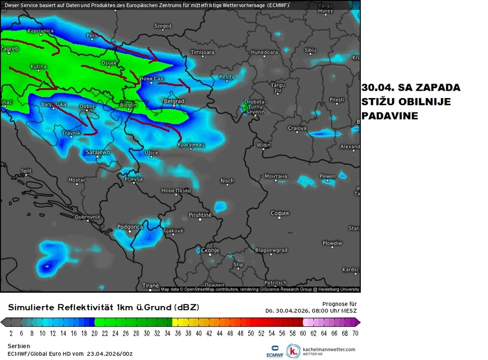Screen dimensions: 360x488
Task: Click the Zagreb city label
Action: tap(9, 49)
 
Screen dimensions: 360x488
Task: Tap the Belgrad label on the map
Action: tap(174, 101)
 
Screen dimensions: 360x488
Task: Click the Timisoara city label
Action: tap(202, 52)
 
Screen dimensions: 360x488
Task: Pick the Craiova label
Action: tap(297, 128)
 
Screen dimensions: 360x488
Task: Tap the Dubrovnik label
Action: tap(87, 217)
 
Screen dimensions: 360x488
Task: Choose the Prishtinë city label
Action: tap(200, 215)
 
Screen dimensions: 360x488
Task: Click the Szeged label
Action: tap(163, 26)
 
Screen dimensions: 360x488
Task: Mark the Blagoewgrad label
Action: tap(271, 250)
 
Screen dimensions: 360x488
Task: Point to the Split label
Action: tap(26, 171)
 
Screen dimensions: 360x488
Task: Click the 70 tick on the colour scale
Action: tap(355, 333)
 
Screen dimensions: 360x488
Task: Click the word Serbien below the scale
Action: tap(19, 345)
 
